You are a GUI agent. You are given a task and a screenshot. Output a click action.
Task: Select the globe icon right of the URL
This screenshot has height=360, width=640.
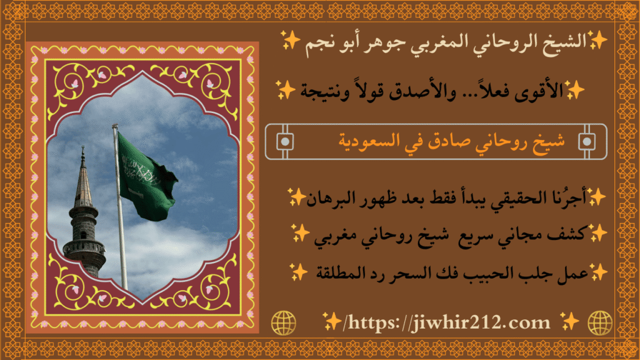pyautogui.click(x=600, y=322)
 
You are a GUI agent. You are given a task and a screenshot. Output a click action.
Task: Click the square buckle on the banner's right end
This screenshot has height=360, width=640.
pyautogui.click(x=586, y=141)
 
